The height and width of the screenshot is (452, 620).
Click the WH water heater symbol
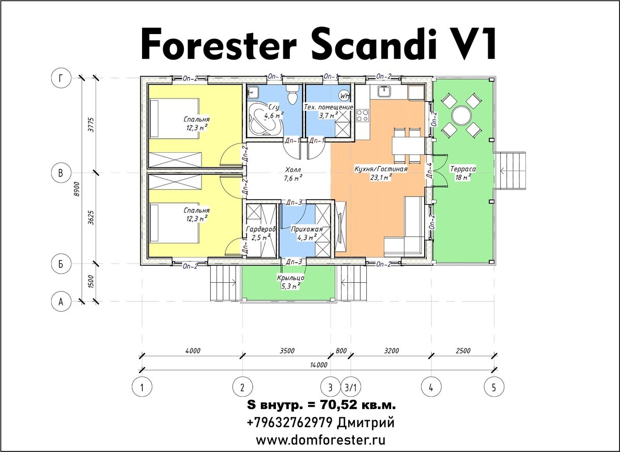click(x=344, y=95)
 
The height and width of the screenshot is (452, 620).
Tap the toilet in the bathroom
click(x=292, y=94)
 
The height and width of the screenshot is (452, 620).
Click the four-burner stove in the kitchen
click(x=363, y=116)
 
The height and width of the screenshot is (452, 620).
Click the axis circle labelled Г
click(x=61, y=78)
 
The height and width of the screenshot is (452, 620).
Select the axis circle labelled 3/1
click(x=351, y=388)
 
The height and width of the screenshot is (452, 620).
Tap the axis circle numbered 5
click(x=494, y=388)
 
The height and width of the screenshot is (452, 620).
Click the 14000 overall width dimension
click(x=319, y=365)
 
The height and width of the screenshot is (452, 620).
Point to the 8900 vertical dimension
click(x=77, y=189)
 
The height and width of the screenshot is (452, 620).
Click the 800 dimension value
click(x=341, y=350)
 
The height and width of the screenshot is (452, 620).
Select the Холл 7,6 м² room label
click(x=293, y=174)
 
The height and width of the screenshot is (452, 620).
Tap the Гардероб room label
click(x=261, y=229)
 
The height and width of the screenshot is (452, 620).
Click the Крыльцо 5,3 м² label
click(x=290, y=282)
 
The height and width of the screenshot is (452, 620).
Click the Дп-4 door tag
click(x=429, y=170)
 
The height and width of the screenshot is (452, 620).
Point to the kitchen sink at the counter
click(x=384, y=91)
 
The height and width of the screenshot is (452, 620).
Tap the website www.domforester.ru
click(x=320, y=440)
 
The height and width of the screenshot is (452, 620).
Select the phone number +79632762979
click(x=289, y=423)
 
